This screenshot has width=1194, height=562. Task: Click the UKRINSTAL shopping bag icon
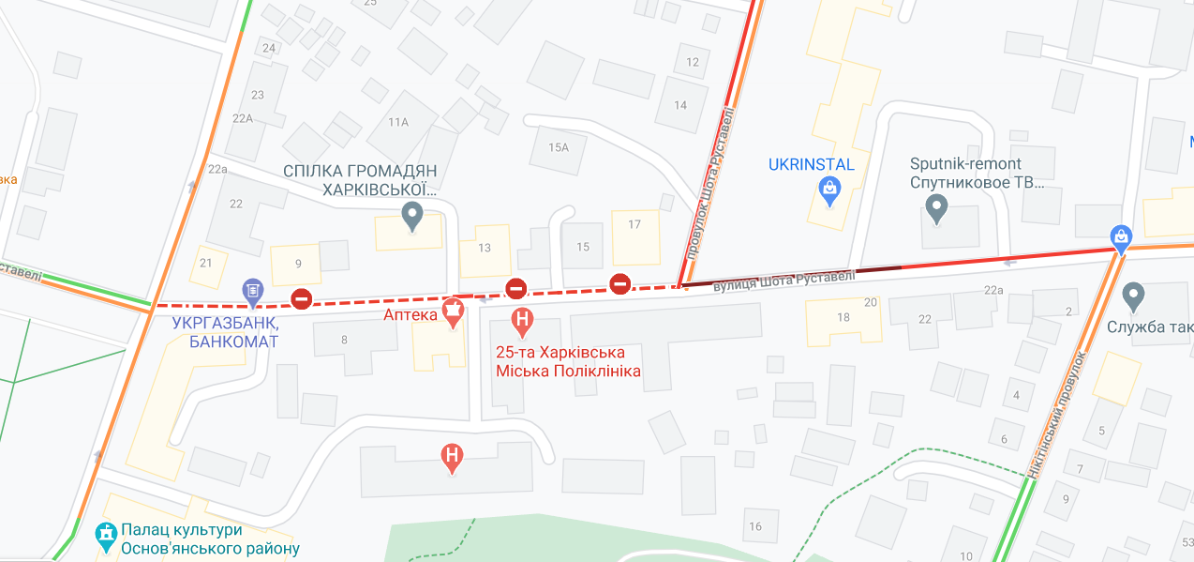tap(829, 190)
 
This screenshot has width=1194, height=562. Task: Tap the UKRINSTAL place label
tap(812, 165)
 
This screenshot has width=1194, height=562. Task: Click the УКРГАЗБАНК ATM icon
tap(252, 292)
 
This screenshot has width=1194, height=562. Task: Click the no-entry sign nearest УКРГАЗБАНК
tap(301, 298)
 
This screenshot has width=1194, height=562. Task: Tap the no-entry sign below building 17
tap(619, 283)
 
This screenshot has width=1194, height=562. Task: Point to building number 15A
tap(559, 147)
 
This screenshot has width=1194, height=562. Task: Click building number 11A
tap(398, 122)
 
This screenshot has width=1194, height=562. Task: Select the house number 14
tap(680, 104)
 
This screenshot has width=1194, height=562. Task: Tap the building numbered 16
tap(755, 525)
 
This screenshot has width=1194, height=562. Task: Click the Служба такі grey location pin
tap(1134, 297)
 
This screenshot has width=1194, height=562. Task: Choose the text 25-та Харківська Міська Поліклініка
tap(568, 361)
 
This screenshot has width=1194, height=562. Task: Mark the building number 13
tap(485, 248)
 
